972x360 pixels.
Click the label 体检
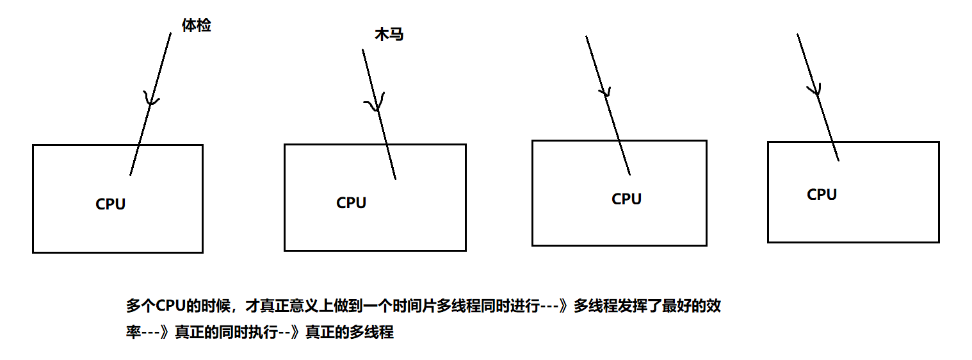click(196, 26)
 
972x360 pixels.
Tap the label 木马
click(389, 35)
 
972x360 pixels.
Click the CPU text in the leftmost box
click(111, 204)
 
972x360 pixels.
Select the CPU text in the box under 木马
click(351, 203)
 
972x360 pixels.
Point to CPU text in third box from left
click(626, 199)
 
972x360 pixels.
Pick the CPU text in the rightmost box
click(822, 195)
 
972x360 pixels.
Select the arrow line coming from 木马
click(384, 135)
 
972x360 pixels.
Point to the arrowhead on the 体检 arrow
click(151, 100)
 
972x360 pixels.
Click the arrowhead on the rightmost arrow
click(814, 90)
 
